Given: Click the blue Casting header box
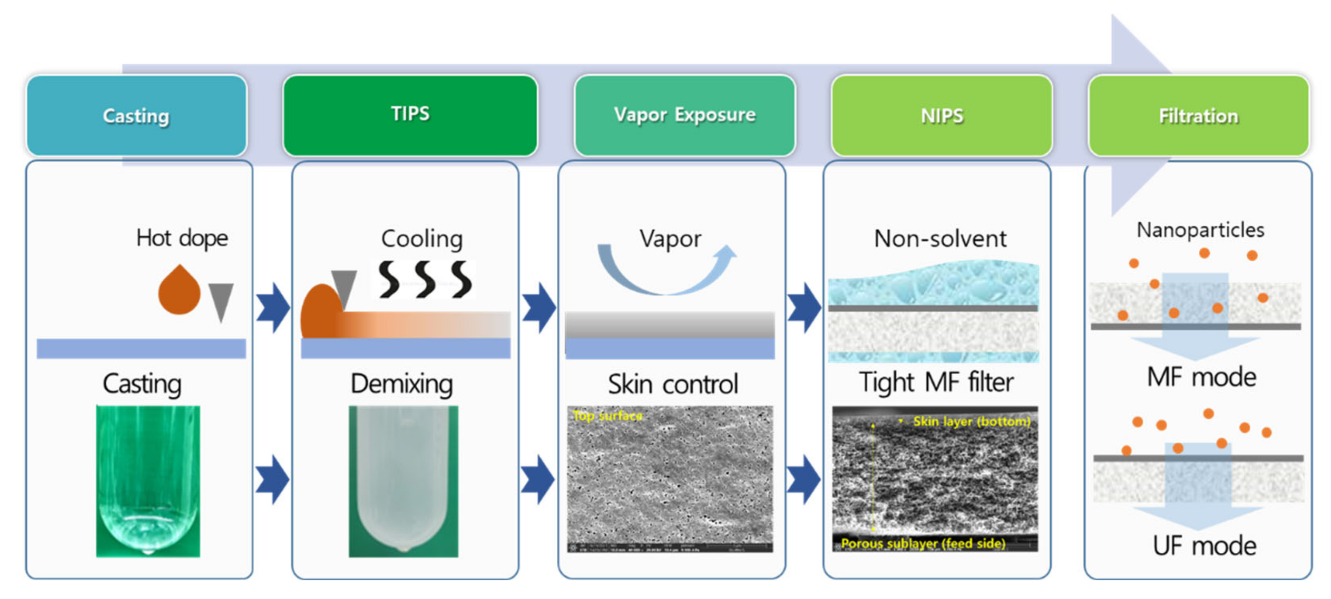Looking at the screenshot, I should [x=136, y=116].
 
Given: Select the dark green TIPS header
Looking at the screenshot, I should [x=410, y=115].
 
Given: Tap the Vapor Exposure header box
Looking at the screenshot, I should [x=685, y=115].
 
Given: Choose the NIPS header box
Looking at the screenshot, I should [x=941, y=116].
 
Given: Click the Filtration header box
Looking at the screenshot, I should [x=1198, y=116].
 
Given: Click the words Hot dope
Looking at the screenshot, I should [x=182, y=238].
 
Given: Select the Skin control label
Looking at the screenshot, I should [x=673, y=384].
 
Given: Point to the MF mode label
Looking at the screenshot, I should [x=1201, y=377].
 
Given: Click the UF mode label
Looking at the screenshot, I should [x=1204, y=546].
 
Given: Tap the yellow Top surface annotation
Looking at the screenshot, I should [x=608, y=415].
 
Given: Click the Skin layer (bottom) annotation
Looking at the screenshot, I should [x=971, y=421].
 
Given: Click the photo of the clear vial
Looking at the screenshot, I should [x=148, y=481].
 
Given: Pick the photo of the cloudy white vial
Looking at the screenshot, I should [x=403, y=481].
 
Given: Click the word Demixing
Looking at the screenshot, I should [x=402, y=384].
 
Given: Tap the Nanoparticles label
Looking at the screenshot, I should [x=1200, y=230].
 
